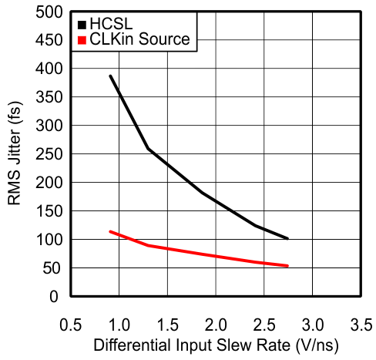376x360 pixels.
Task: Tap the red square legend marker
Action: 83,39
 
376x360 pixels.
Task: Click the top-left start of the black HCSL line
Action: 110,76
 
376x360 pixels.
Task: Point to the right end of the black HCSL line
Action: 287,238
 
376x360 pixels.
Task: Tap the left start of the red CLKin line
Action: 110,231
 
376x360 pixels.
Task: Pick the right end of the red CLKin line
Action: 287,266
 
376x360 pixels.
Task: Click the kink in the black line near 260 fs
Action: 148,149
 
